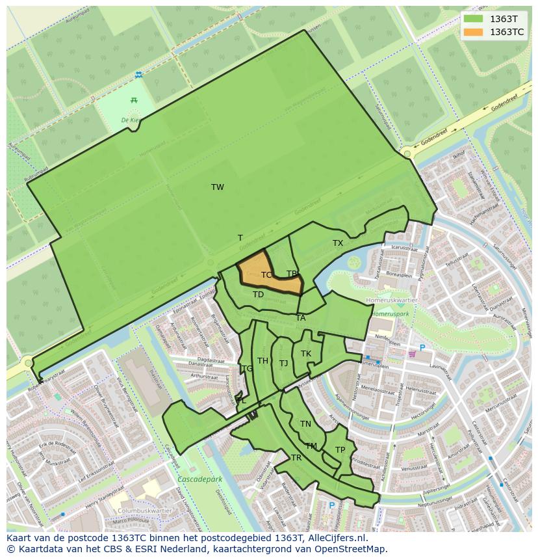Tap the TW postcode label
pyautogui.click(x=218, y=187)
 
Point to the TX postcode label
pyautogui.click(x=338, y=243)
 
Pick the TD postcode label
pyautogui.click(x=259, y=295)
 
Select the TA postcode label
pyautogui.click(x=301, y=318)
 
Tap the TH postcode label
pyautogui.click(x=263, y=361)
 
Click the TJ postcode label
pyautogui.click(x=284, y=364)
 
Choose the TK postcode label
pyautogui.click(x=306, y=354)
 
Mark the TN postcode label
pyautogui.click(x=305, y=424)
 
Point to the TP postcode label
pyautogui.click(x=340, y=450)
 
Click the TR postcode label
pyautogui.click(x=296, y=458)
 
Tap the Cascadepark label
pyautogui.click(x=199, y=479)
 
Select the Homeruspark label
pyautogui.click(x=391, y=313)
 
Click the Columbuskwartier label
pyautogui.click(x=143, y=511)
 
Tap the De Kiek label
pyautogui.click(x=131, y=120)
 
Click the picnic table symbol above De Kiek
pyautogui.click(x=134, y=100)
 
